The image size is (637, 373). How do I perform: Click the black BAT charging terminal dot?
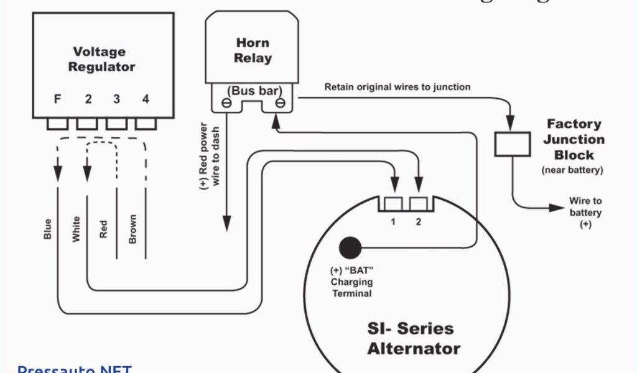tap(350, 248)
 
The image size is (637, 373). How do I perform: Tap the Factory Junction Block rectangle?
tap(512, 144)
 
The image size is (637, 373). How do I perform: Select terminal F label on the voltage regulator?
tap(57, 99)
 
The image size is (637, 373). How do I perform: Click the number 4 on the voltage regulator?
tap(146, 99)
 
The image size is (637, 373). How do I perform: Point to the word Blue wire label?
tap(48, 229)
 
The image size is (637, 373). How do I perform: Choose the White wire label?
tap(77, 229)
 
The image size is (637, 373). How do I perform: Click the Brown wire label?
tap(132, 229)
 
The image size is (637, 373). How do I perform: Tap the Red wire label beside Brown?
tap(104, 229)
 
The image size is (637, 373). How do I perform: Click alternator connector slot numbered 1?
tap(394, 203)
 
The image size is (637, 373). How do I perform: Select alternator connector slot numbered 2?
tap(419, 203)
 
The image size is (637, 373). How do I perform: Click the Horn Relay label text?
tap(253, 50)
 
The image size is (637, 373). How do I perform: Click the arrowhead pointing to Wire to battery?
tap(552, 208)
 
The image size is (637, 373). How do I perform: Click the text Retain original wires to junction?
tap(398, 87)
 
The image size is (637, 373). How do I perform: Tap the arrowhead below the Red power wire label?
tap(227, 223)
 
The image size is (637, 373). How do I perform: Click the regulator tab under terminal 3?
tap(116, 124)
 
